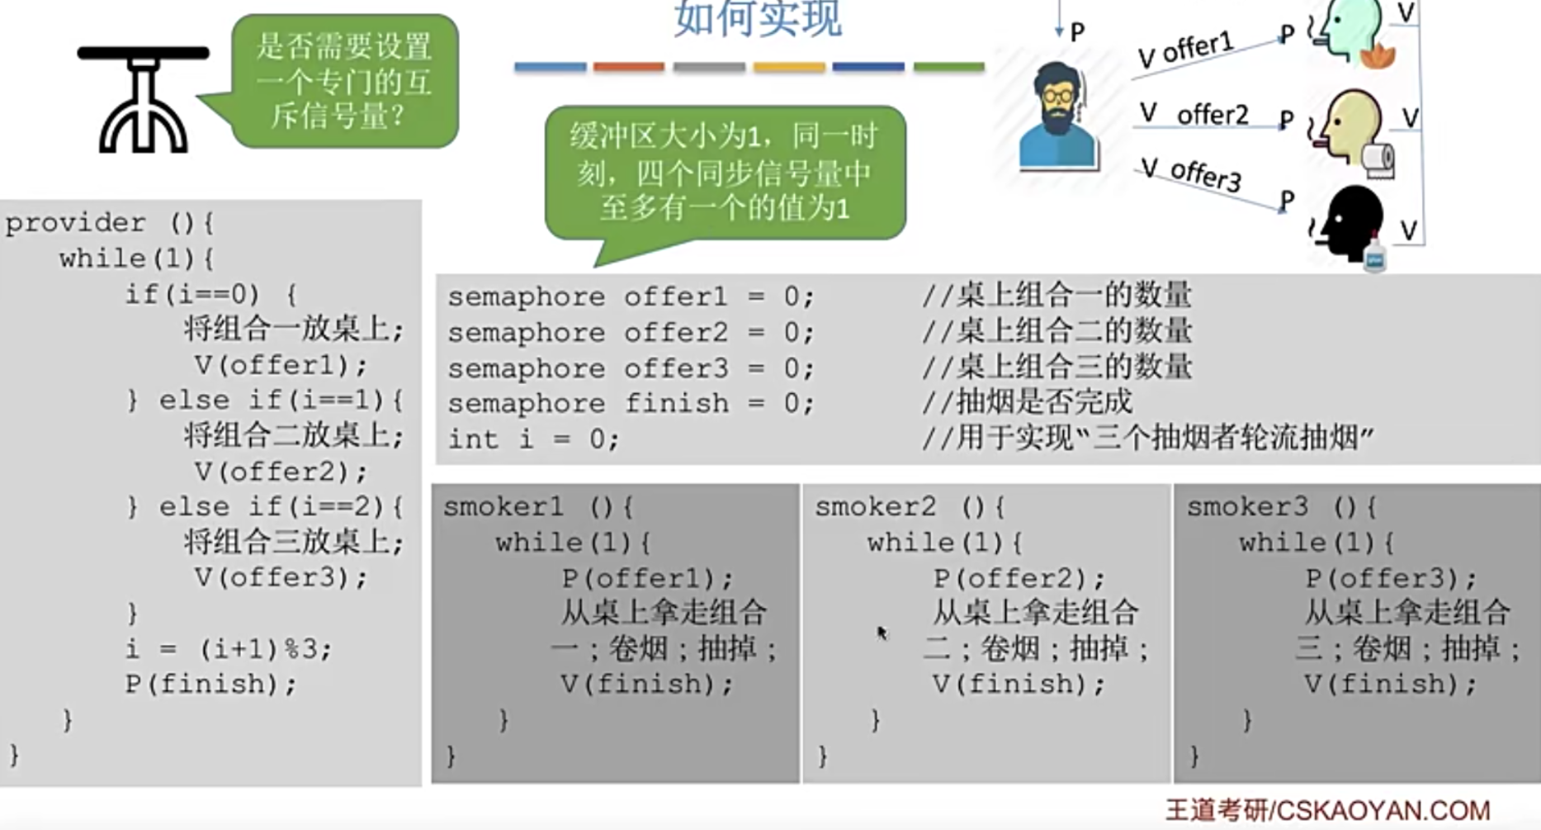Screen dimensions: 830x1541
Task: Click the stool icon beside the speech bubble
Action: tap(143, 99)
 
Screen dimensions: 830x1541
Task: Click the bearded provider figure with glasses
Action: tap(1057, 116)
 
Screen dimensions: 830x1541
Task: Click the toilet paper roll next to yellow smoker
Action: tap(1378, 159)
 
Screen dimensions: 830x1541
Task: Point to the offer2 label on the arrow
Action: tap(1212, 114)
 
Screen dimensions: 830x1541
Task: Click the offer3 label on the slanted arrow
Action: tap(1205, 174)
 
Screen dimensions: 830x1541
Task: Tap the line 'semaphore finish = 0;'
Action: tap(630, 403)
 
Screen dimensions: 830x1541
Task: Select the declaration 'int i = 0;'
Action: tap(532, 439)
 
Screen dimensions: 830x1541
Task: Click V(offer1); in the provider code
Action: tap(281, 365)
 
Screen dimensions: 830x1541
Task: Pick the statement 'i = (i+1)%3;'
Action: tap(228, 649)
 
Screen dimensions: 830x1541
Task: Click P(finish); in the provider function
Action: tap(210, 684)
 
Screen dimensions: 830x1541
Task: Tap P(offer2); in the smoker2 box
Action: tap(1019, 578)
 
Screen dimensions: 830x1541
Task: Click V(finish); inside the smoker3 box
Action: tap(1390, 684)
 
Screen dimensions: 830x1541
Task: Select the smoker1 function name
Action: tap(503, 506)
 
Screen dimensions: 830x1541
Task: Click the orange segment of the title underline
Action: tap(628, 67)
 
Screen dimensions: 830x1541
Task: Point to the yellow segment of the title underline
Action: tap(788, 67)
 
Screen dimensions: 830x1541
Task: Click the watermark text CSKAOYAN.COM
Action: tap(1383, 810)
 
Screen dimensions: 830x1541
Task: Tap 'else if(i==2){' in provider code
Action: tap(281, 506)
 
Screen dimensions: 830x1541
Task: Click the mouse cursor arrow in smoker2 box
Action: tap(882, 633)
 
